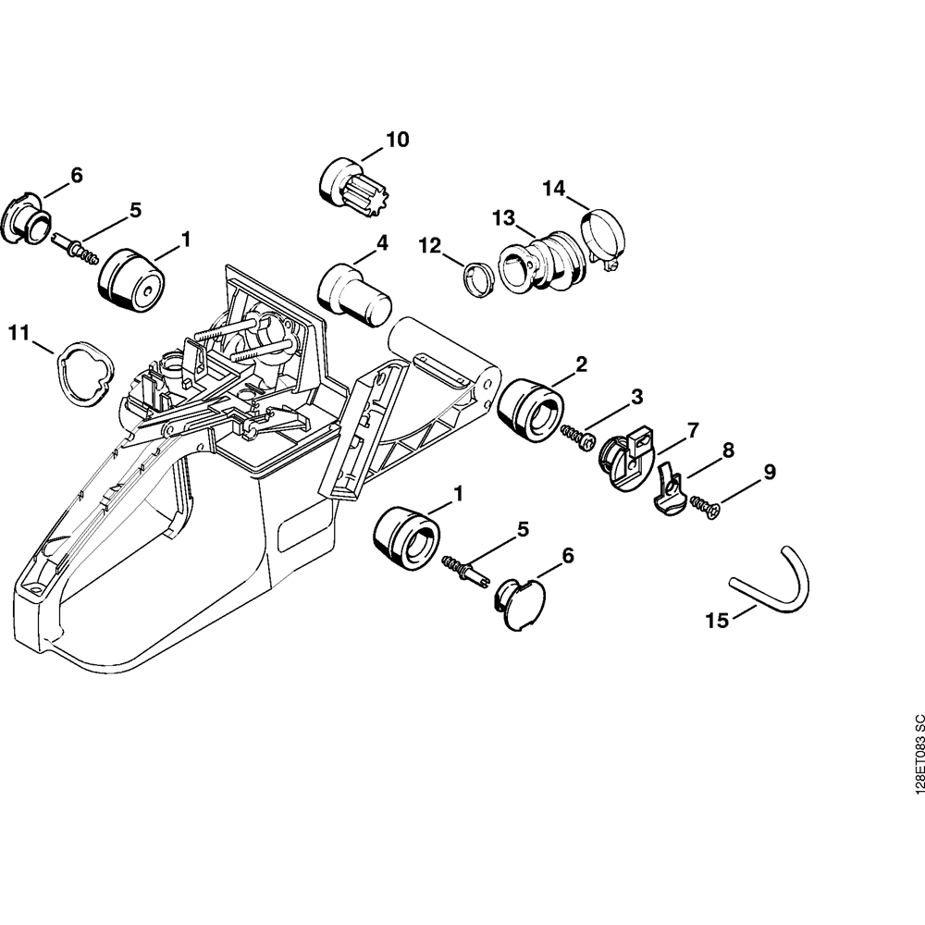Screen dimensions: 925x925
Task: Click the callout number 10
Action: point(397,140)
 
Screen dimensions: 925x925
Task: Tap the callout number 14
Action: point(554,189)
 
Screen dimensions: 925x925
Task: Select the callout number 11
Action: point(18,333)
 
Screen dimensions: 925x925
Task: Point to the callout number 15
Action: point(718,621)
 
